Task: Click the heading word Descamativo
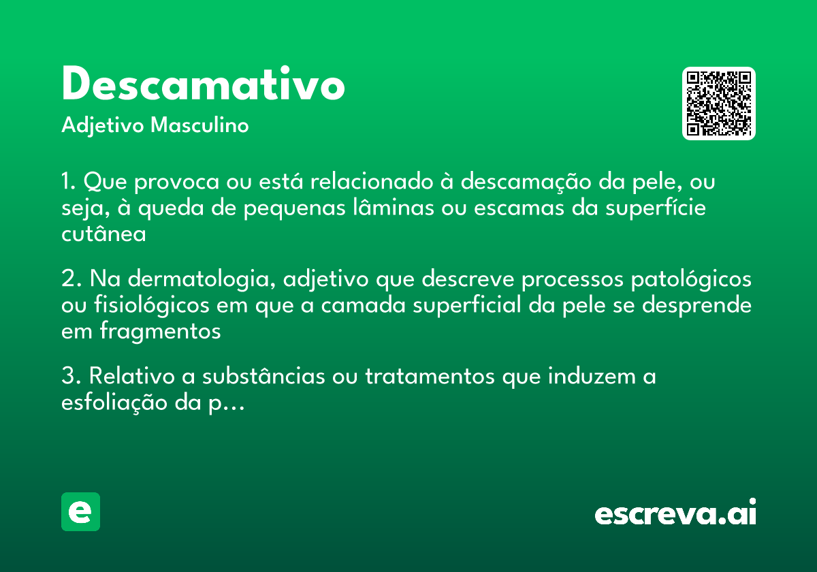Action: pyautogui.click(x=203, y=86)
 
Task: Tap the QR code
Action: pyautogui.click(x=719, y=104)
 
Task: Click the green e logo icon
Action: pyautogui.click(x=80, y=511)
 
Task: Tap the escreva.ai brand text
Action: pyautogui.click(x=675, y=513)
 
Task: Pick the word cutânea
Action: pyautogui.click(x=103, y=234)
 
